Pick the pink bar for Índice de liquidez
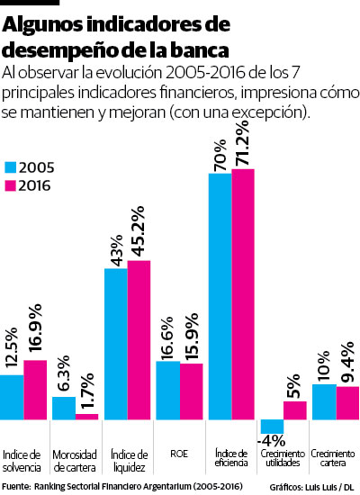point(139,340)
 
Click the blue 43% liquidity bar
point(115,345)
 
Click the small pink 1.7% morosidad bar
point(86,417)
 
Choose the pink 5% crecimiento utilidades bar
point(295,410)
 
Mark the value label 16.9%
point(33,332)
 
